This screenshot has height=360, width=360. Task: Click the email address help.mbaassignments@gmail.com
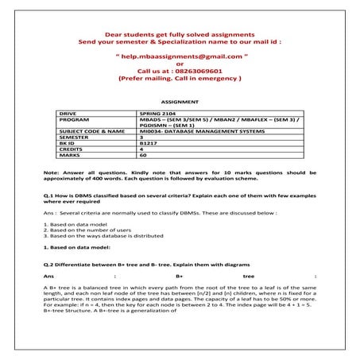point(180,57)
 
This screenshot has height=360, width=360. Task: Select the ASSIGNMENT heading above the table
point(179,103)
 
